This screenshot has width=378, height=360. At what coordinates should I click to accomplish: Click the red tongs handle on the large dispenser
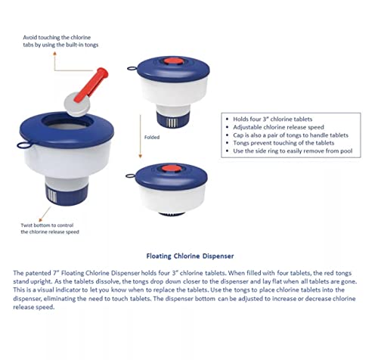[91, 85]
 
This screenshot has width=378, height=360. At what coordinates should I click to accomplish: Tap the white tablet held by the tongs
[76, 104]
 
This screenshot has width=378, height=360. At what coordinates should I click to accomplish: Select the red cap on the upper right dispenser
[173, 62]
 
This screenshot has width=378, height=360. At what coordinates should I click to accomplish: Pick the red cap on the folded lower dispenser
[171, 169]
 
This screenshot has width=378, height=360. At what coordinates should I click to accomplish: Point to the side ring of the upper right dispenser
[132, 68]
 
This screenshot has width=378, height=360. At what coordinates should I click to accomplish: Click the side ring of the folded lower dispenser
[131, 175]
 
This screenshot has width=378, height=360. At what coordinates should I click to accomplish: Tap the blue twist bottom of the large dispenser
[67, 194]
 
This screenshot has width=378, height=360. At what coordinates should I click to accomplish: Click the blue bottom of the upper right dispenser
[172, 120]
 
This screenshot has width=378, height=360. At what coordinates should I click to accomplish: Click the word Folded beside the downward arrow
[152, 138]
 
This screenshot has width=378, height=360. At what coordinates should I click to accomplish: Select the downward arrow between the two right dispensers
[141, 136]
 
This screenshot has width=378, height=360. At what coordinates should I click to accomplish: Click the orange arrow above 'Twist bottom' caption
[45, 214]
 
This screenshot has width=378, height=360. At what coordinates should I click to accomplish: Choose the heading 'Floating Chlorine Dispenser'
[190, 256]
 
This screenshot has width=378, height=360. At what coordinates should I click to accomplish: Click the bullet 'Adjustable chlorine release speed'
[278, 127]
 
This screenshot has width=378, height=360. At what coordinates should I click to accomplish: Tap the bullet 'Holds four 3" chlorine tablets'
[273, 119]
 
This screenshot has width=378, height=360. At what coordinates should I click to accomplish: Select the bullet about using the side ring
[293, 151]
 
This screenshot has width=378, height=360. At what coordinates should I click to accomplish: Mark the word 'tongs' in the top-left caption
[91, 45]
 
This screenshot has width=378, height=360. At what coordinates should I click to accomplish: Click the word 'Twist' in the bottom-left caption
[26, 225]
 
